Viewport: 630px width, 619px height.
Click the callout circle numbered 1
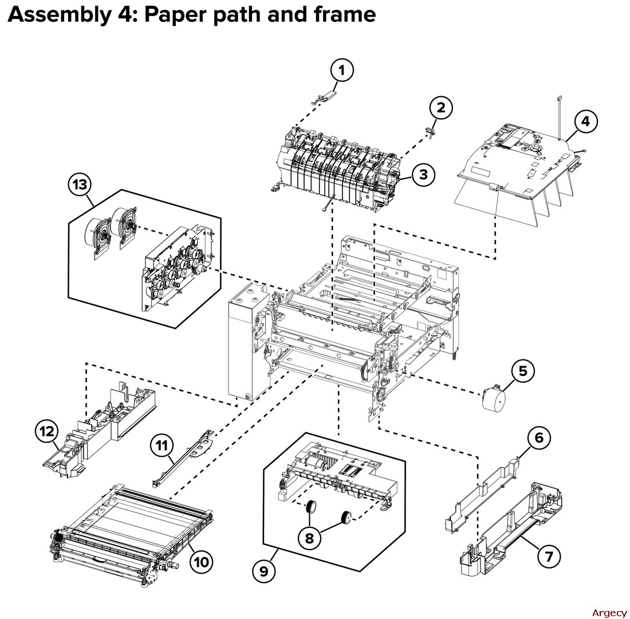[342, 71]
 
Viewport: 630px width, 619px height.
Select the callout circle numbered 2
[440, 107]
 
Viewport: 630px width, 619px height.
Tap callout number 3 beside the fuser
[423, 174]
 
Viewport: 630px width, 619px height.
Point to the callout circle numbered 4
[585, 122]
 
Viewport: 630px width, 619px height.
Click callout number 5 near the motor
[522, 371]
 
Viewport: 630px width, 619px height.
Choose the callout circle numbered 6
[539, 438]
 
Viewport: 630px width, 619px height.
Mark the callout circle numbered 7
[549, 557]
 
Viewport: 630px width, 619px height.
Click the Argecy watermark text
[609, 613]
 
